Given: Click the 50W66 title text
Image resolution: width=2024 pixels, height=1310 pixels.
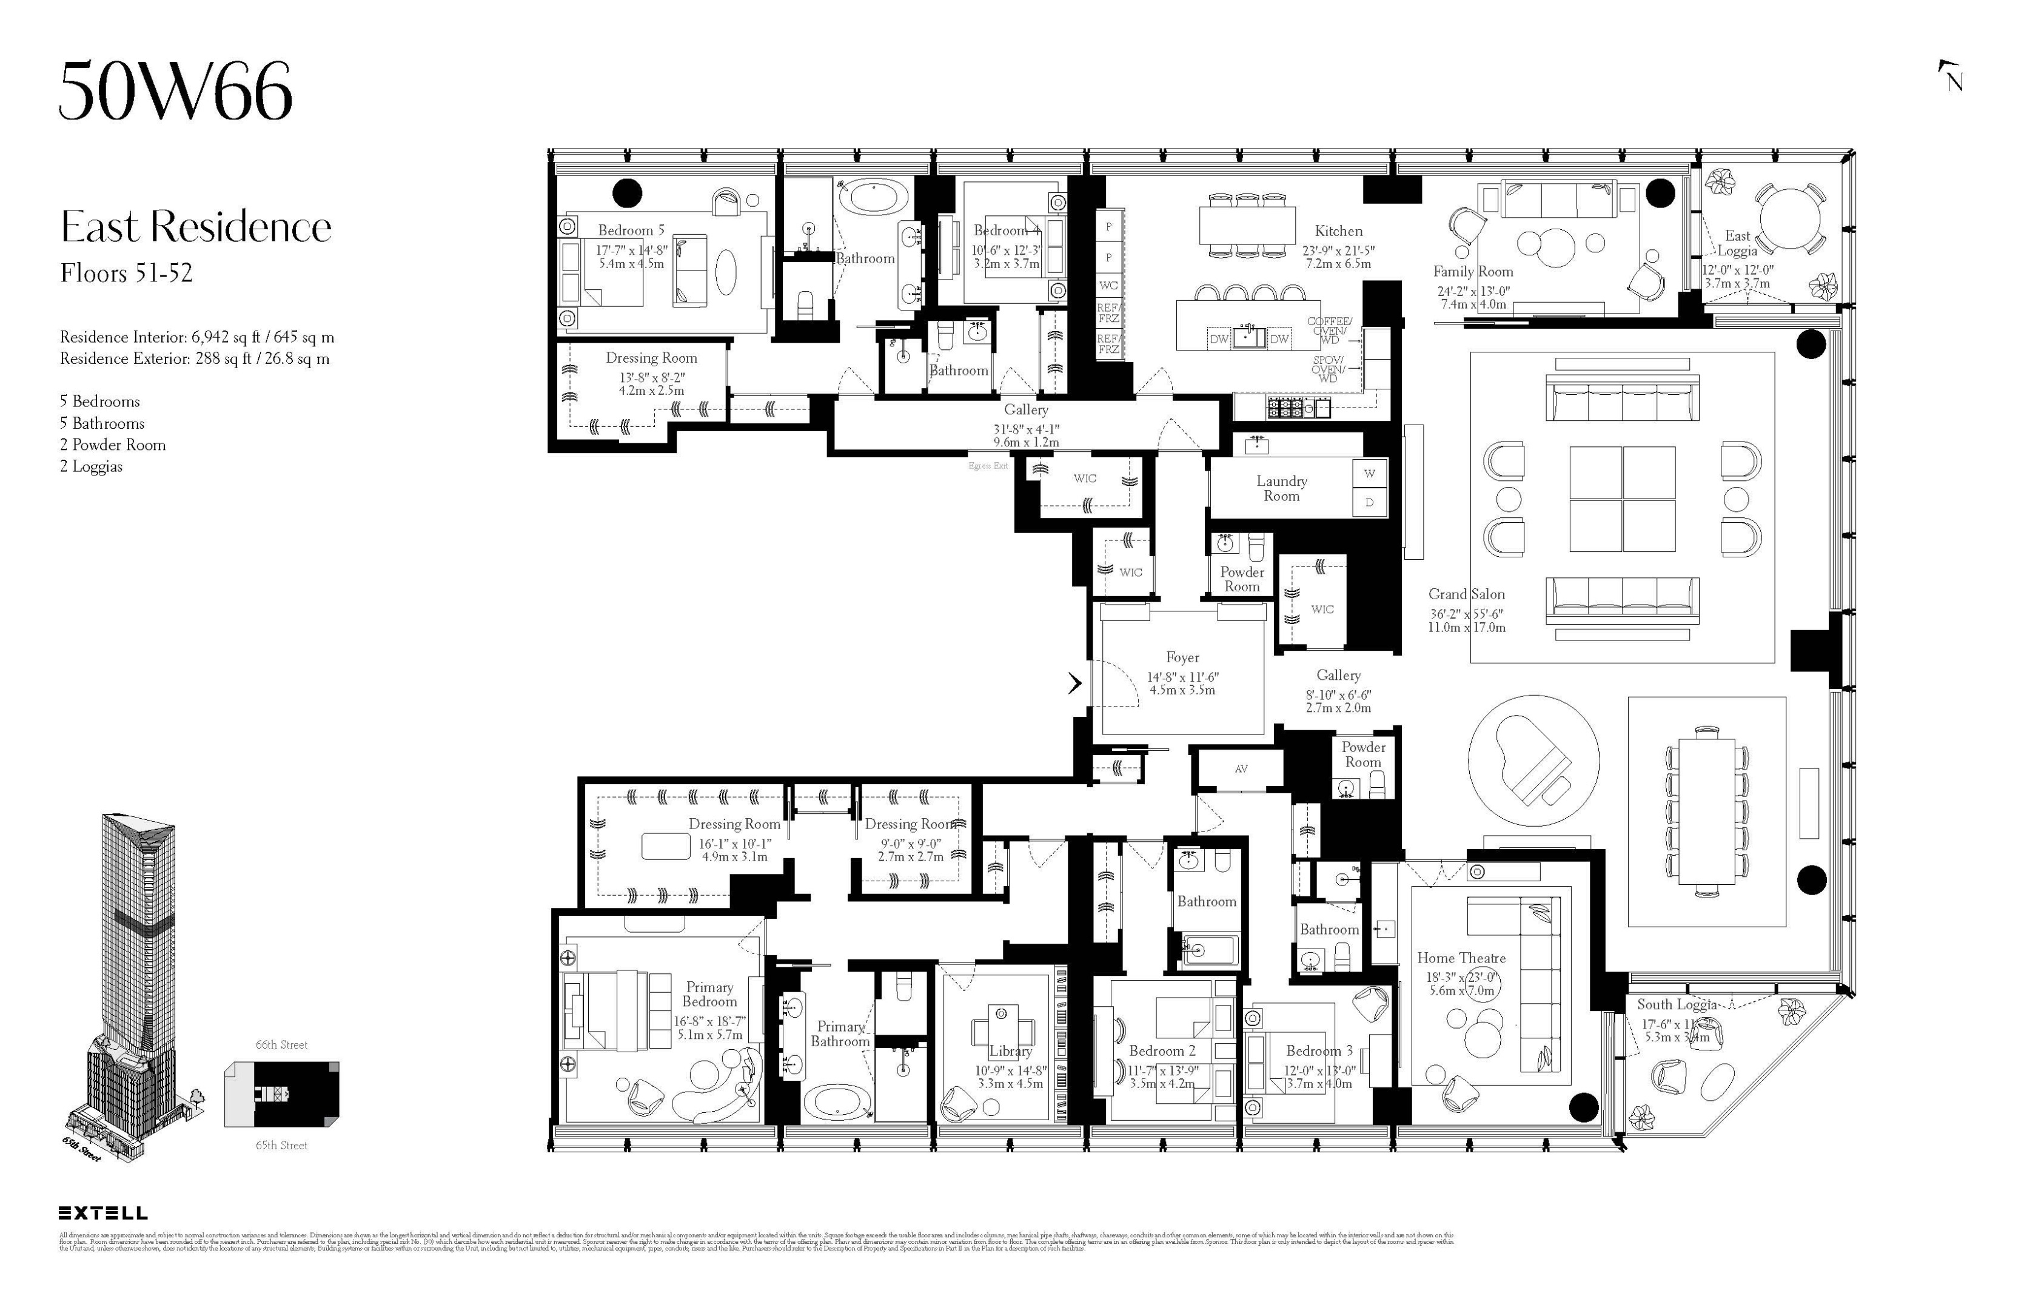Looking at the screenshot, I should (175, 91).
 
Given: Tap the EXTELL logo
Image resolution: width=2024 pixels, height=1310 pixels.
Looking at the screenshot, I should (103, 1213).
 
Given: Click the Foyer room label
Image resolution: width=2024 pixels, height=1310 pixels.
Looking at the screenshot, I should (1182, 657).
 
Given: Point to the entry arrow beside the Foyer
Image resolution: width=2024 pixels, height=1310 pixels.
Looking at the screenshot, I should (1075, 683).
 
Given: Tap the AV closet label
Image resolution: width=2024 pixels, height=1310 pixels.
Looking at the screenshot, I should (1241, 769).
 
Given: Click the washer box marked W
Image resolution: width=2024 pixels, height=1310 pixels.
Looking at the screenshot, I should (1369, 474).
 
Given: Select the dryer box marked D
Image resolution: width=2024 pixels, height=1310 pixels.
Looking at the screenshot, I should (1369, 503).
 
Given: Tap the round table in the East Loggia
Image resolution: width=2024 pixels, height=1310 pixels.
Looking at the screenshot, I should (1789, 218).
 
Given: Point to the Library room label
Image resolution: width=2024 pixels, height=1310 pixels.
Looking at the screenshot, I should (1010, 1050).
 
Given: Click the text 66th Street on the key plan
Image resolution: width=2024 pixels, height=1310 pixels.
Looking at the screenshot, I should (281, 1044).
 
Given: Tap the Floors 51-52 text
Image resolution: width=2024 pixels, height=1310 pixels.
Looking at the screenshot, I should (126, 273).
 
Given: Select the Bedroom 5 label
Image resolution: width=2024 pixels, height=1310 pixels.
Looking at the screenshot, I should (631, 230).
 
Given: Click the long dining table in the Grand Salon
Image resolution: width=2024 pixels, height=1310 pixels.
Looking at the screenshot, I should (1706, 811).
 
